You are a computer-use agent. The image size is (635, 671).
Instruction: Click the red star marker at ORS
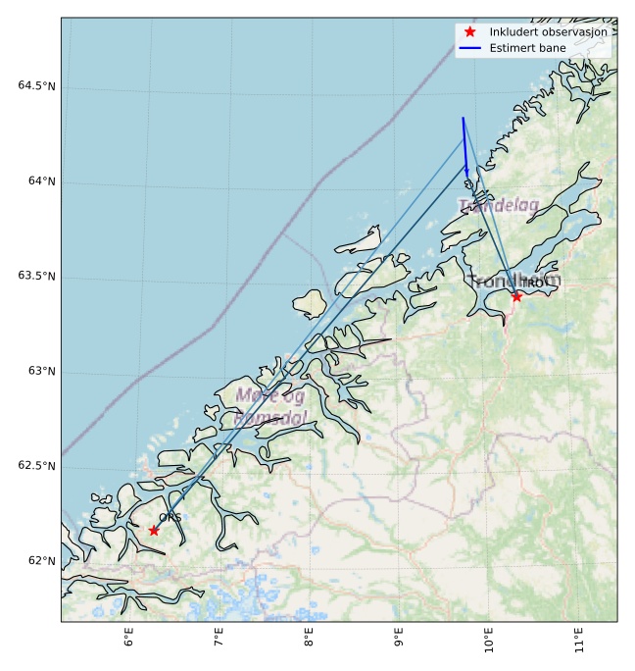[154, 531]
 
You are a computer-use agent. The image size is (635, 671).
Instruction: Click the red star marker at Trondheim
[516, 296]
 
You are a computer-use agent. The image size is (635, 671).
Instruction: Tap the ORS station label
[169, 517]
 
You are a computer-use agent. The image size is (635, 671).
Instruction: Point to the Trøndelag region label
[499, 206]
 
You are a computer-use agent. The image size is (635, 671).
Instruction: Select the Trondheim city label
[514, 282]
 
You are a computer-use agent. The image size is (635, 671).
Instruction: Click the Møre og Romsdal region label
[270, 406]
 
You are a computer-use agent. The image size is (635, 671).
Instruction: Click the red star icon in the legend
[470, 31]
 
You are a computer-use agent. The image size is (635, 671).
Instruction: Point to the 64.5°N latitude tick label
[36, 86]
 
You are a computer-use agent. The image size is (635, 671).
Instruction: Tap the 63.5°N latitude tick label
[36, 277]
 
